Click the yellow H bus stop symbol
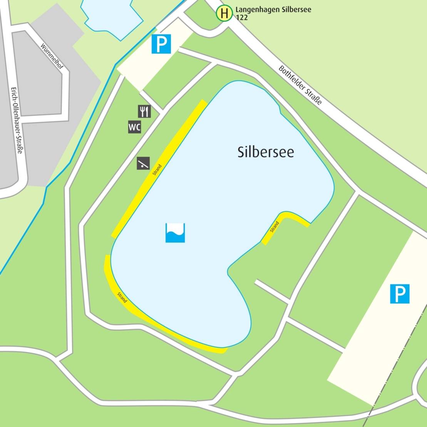pyautogui.click(x=224, y=13)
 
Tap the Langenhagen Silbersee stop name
pyautogui.click(x=273, y=10)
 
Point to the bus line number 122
pyautogui.click(x=242, y=18)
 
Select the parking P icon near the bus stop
pyautogui.click(x=161, y=44)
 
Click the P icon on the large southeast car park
pyautogui.click(x=400, y=294)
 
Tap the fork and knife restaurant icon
pyautogui.click(x=144, y=111)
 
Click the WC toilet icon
pyautogui.click(x=134, y=127)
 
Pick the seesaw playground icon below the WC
pyautogui.click(x=143, y=164)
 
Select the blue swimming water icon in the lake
pyautogui.click(x=175, y=233)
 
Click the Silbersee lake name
pyautogui.click(x=265, y=152)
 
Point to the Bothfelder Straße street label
pyautogui.click(x=300, y=86)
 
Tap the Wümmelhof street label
pyautogui.click(x=52, y=56)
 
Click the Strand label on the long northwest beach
pyautogui.click(x=157, y=170)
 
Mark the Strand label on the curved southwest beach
pyautogui.click(x=122, y=298)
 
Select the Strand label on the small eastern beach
pyautogui.click(x=274, y=227)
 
